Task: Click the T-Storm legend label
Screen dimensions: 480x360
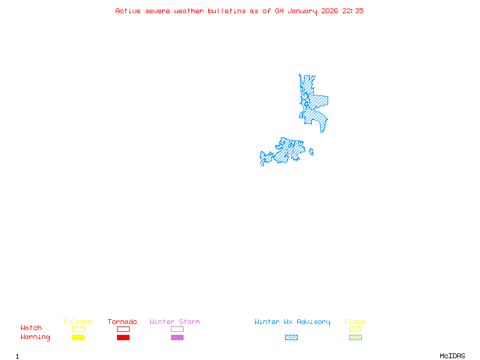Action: point(77,322)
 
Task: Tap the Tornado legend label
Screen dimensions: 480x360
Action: point(122,322)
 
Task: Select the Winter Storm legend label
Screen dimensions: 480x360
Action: point(175,322)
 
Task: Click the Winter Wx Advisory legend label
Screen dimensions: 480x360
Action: point(292,322)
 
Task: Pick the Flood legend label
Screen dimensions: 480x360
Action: point(355,322)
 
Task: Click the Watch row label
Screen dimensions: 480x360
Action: point(31,328)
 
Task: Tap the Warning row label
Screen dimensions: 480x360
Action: point(35,337)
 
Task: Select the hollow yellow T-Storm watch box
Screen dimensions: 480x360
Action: point(78,329)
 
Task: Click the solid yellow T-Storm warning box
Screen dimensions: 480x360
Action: point(78,338)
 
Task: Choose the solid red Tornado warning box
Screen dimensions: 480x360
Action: point(123,338)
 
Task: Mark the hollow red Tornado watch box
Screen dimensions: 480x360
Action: point(123,329)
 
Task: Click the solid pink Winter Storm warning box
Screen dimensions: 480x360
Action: point(177,338)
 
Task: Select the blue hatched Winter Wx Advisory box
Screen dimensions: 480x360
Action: point(291,338)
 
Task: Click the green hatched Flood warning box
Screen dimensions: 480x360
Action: point(355,338)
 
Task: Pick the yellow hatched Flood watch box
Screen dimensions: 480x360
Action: point(355,329)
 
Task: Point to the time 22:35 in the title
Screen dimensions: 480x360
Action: point(353,11)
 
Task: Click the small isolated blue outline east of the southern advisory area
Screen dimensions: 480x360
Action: point(311,152)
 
